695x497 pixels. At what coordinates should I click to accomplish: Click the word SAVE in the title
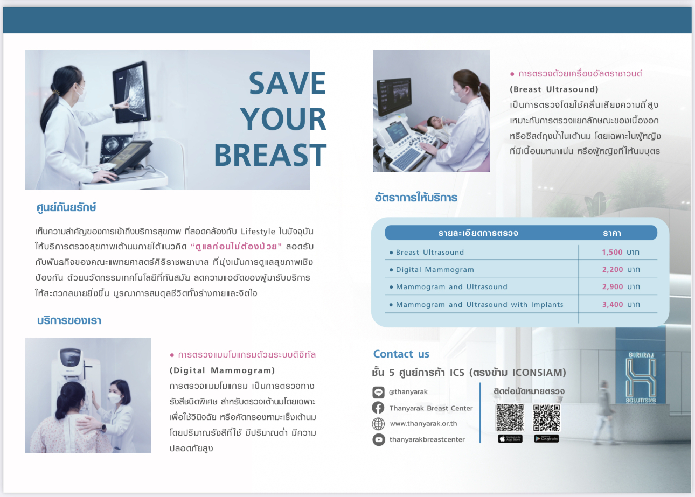(x=287, y=83)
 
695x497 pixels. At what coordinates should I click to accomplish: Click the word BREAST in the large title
(x=270, y=155)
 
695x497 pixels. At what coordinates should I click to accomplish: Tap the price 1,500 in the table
(x=612, y=253)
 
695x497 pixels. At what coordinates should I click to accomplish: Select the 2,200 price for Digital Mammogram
(x=613, y=269)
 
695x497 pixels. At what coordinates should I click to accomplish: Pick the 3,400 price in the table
(x=613, y=304)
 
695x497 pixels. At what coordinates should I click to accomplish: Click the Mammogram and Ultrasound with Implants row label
(x=479, y=304)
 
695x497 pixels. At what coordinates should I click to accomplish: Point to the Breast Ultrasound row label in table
(x=430, y=253)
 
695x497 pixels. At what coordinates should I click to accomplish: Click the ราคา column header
(x=612, y=233)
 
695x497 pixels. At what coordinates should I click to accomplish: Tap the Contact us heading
(x=401, y=354)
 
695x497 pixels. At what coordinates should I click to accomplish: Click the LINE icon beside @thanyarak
(x=378, y=392)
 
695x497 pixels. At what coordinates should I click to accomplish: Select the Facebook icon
(x=378, y=408)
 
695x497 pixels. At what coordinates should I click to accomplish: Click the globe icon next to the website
(x=378, y=424)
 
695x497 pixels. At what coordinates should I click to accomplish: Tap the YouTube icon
(x=379, y=439)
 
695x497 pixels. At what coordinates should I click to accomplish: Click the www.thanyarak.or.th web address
(x=423, y=424)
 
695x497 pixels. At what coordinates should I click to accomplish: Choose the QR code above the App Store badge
(x=510, y=418)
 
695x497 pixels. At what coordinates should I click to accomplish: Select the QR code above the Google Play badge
(x=546, y=418)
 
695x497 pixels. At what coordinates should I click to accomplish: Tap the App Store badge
(x=510, y=439)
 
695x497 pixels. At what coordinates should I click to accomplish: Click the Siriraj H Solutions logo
(x=641, y=377)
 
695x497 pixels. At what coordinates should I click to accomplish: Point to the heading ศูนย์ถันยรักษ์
(x=66, y=207)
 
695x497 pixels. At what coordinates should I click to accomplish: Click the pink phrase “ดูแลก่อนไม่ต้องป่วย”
(x=236, y=247)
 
